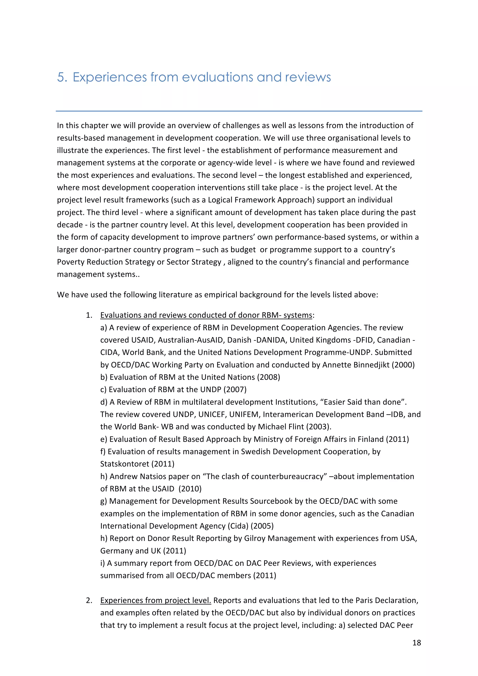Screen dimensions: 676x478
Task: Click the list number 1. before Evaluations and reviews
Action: (89, 315)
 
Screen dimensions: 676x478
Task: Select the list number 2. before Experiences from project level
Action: (89, 600)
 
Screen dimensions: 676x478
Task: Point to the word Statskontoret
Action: (124, 464)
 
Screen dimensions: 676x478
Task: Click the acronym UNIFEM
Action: (244, 414)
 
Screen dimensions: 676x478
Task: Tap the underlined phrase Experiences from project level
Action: (155, 600)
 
